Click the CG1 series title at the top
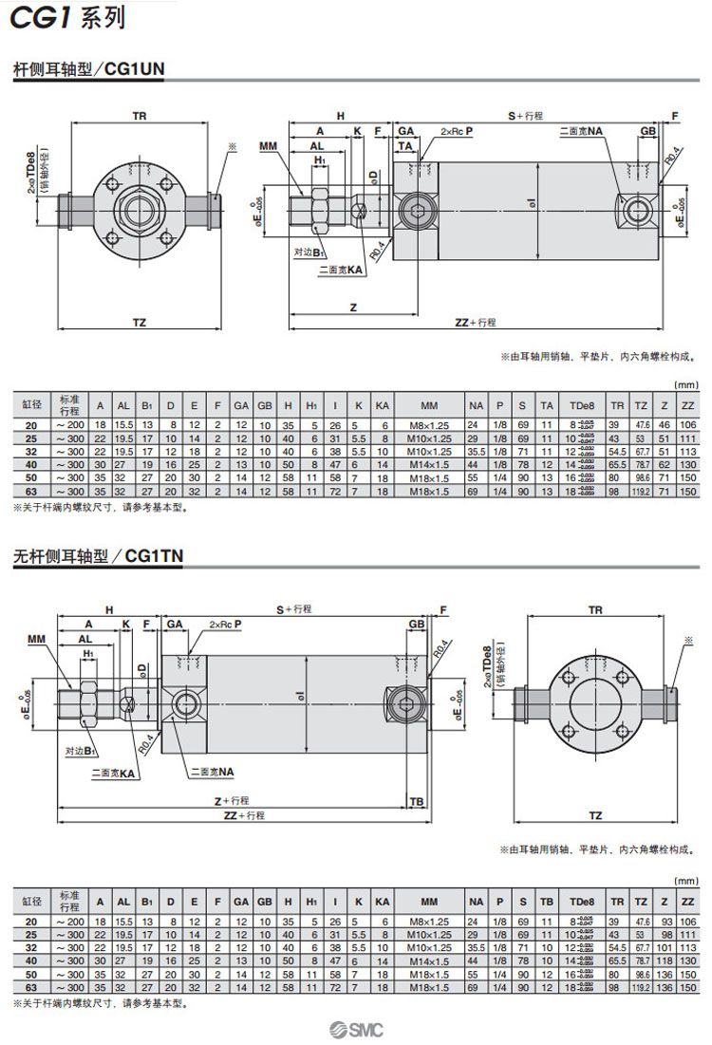click(66, 18)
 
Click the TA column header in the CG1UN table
click(547, 405)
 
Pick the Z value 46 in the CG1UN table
click(665, 425)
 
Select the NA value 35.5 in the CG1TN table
click(477, 947)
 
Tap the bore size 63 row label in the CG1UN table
click(31, 491)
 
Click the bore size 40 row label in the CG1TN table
click(31, 961)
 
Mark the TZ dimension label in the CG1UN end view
click(139, 324)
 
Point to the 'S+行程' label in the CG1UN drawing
click(524, 116)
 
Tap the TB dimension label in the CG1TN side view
click(416, 801)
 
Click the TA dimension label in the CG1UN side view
click(405, 144)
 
